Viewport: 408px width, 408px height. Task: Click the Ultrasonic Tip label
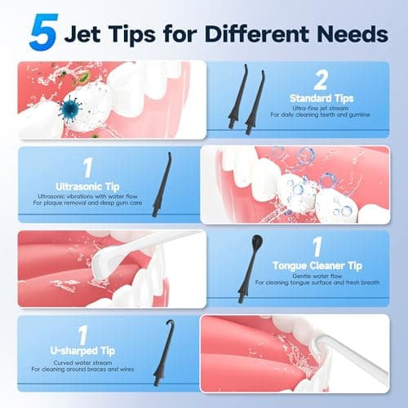coord(81,186)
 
